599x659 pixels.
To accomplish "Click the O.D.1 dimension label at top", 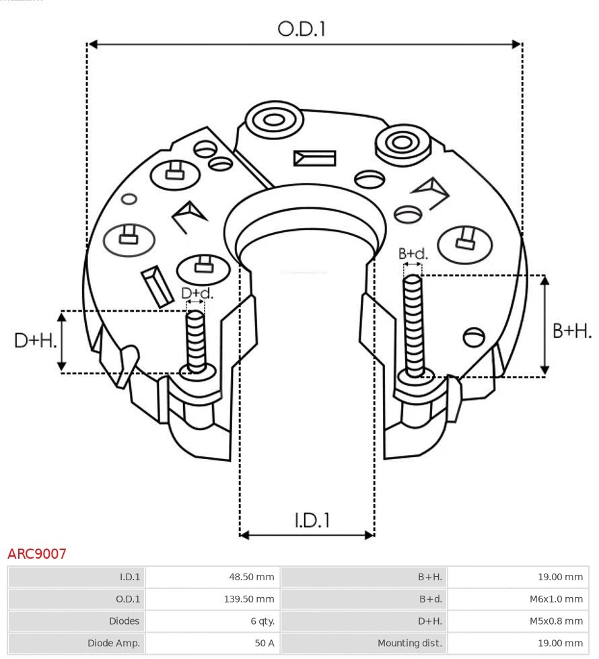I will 302,28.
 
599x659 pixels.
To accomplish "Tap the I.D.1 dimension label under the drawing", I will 312,520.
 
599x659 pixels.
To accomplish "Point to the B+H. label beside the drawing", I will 571,331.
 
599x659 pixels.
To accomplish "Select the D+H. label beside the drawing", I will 35,340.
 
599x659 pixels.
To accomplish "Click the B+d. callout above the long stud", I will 413,254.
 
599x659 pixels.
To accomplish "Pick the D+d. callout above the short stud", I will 197,293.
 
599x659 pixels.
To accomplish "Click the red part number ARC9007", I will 37,554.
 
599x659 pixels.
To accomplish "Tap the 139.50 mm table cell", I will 249,599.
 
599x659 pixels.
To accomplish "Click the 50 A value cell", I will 264,644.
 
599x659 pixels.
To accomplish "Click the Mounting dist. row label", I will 410,644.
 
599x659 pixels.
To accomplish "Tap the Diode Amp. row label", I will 113,644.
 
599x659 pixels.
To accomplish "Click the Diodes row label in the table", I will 124,621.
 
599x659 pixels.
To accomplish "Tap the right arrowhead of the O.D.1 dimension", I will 517,44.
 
